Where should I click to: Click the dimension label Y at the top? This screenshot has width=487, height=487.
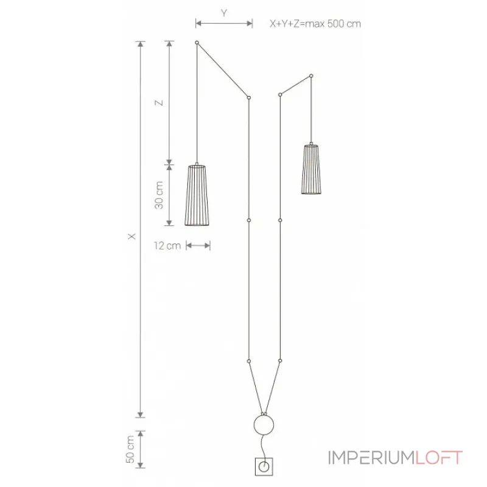(x=224, y=13)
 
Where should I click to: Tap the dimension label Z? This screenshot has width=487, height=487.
(x=159, y=102)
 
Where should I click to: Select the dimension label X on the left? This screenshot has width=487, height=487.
(x=132, y=236)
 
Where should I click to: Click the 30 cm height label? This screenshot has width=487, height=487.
(x=159, y=195)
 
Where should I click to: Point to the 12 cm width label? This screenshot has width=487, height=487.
(x=167, y=246)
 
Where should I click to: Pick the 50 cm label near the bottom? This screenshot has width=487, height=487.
(x=130, y=449)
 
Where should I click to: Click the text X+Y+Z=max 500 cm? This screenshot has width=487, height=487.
(x=315, y=24)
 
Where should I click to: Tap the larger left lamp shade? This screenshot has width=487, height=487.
(x=197, y=195)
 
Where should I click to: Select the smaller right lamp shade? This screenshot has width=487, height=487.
(x=311, y=169)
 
